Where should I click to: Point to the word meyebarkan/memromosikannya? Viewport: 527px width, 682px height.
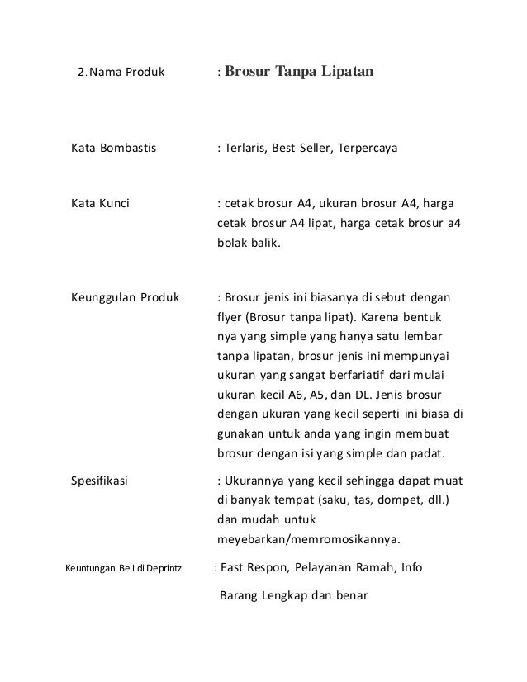(308, 541)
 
